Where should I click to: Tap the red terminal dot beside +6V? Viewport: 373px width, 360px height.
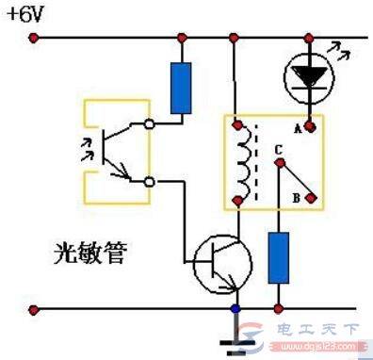point(35,39)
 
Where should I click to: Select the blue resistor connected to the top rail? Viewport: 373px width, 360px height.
point(181,87)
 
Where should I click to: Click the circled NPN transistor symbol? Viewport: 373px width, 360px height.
point(224,263)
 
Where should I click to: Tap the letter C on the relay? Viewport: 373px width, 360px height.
point(278,147)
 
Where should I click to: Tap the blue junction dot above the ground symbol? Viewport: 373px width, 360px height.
point(235,309)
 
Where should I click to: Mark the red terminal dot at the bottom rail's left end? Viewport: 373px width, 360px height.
point(35,308)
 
